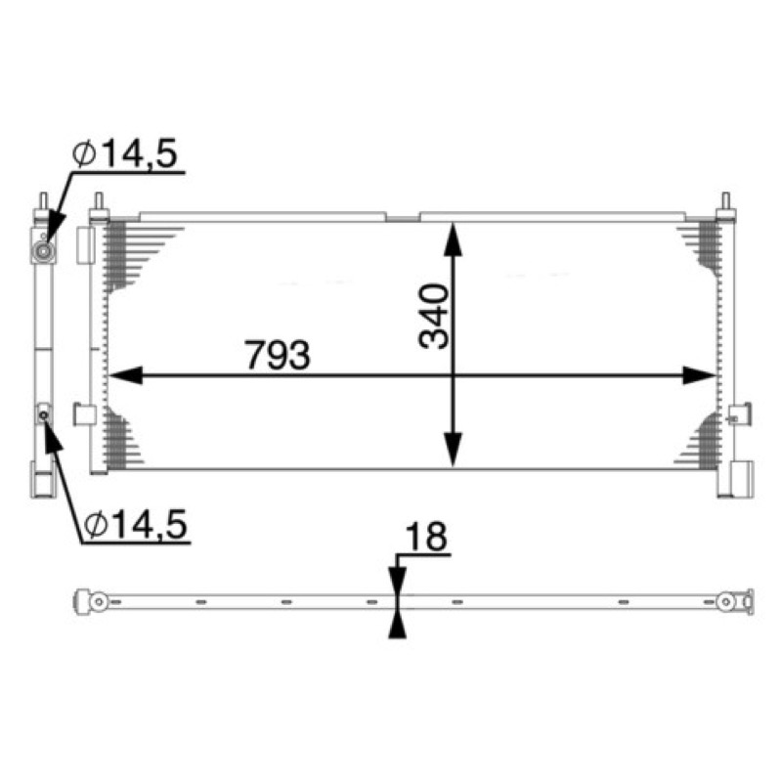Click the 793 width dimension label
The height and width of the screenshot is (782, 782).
pyautogui.click(x=278, y=355)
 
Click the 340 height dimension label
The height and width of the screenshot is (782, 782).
pyautogui.click(x=434, y=316)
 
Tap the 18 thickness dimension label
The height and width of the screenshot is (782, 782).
pyautogui.click(x=426, y=537)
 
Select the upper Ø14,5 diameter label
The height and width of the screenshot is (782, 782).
pyautogui.click(x=125, y=153)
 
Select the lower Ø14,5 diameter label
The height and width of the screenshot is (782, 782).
pyautogui.click(x=136, y=524)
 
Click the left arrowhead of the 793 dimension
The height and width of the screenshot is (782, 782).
pyautogui.click(x=125, y=375)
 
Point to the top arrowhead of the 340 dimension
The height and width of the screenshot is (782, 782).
pyautogui.click(x=453, y=239)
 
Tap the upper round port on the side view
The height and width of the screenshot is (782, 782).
pyautogui.click(x=43, y=251)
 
